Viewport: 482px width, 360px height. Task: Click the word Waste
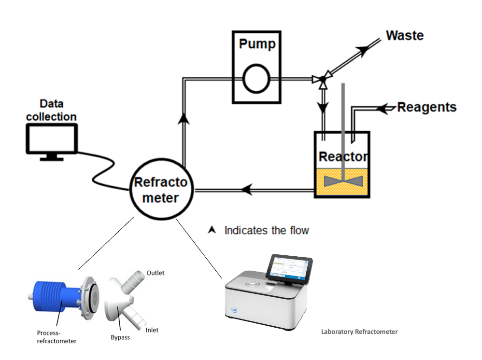coord(405,36)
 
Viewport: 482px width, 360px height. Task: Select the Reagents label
coord(426,107)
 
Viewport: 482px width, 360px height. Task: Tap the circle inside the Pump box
coord(256,79)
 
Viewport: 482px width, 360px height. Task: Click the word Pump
coord(257,44)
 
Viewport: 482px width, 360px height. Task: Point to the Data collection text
coord(51,111)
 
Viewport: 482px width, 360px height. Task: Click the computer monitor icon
coord(51,140)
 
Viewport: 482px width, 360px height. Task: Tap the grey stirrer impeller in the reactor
coord(343,180)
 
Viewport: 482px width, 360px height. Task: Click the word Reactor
coord(343,157)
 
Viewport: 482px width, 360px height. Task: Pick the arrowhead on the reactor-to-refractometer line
coord(246,190)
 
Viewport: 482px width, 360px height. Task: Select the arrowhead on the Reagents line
coord(385,109)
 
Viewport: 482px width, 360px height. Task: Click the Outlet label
coord(156,273)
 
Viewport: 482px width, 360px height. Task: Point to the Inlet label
coord(152,330)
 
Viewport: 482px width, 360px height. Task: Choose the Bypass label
coord(118,337)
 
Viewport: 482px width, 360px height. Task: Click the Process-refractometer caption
coord(57,336)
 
